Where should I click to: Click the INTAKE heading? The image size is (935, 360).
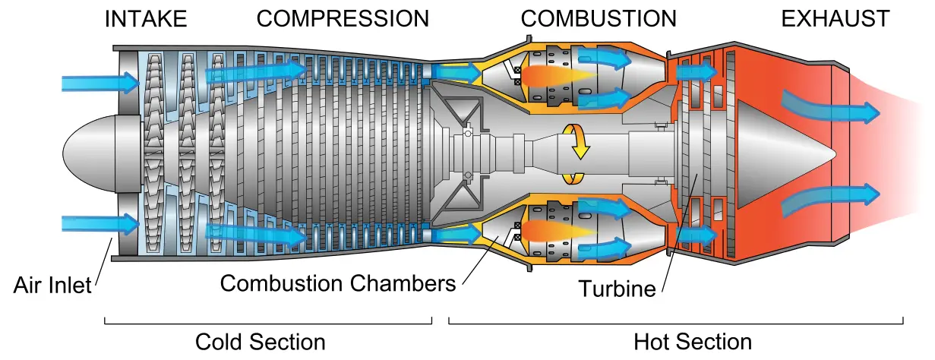[x=146, y=19]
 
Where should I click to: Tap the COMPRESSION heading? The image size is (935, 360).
[x=343, y=19]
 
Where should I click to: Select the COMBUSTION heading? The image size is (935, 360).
[x=599, y=19]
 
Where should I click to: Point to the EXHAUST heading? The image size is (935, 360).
[x=835, y=19]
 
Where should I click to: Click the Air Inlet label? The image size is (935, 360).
[x=52, y=286]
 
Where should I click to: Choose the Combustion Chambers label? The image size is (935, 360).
[x=338, y=283]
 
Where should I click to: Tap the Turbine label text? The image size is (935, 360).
[x=617, y=289]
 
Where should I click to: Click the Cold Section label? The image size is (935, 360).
[x=260, y=342]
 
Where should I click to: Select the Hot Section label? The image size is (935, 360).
[x=693, y=342]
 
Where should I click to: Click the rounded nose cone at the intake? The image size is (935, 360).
[x=90, y=154]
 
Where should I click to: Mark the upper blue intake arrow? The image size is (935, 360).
[x=100, y=82]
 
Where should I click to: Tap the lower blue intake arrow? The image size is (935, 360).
[x=100, y=224]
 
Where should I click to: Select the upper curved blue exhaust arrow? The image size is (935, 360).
[x=831, y=109]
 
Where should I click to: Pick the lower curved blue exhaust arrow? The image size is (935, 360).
[x=831, y=199]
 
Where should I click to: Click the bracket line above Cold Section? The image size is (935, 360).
[x=268, y=324]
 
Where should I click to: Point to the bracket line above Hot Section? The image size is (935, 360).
[x=676, y=324]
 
